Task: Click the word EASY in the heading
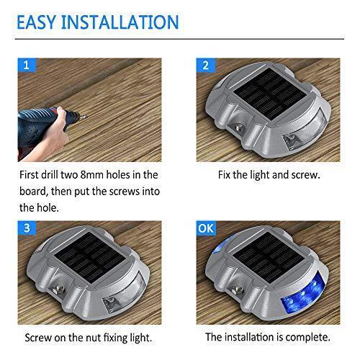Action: [36, 22]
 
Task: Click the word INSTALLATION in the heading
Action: [120, 22]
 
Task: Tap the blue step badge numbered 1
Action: [27, 65]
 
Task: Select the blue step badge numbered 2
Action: [206, 65]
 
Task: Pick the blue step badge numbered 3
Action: [27, 228]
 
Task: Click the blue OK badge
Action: [206, 228]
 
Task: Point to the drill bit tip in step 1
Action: [86, 117]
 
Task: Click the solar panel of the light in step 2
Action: [270, 94]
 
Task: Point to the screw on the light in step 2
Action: [239, 127]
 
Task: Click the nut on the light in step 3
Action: [58, 289]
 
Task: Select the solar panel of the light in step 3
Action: [90, 257]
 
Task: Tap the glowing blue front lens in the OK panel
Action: [303, 294]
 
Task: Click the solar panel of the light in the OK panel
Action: [269, 257]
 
